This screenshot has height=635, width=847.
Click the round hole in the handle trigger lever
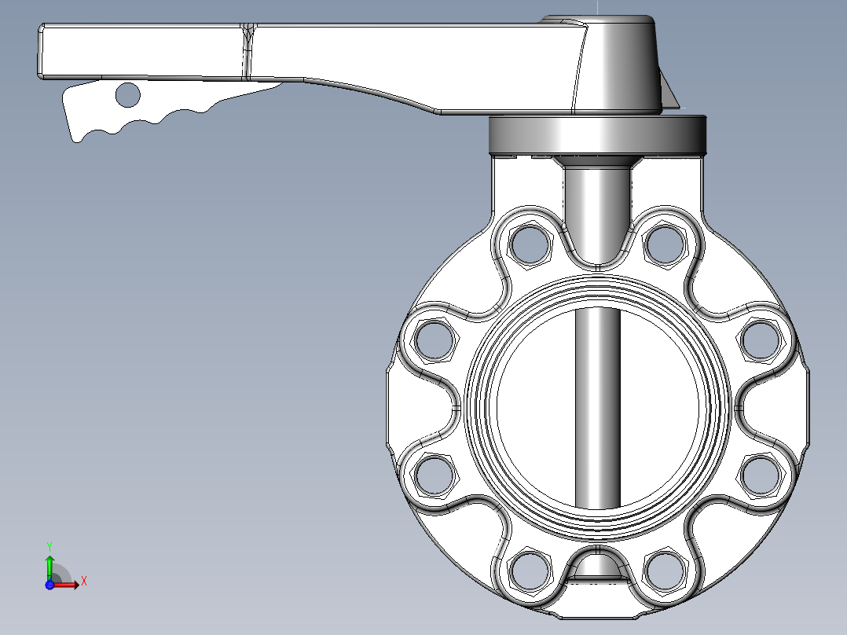pos(127,95)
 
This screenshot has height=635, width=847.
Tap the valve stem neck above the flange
pos(597,204)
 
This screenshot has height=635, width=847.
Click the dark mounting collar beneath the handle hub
pos(597,134)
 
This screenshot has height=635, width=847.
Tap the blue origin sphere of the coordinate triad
pos(49,585)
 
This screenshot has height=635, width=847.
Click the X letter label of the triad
pos(83,582)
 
